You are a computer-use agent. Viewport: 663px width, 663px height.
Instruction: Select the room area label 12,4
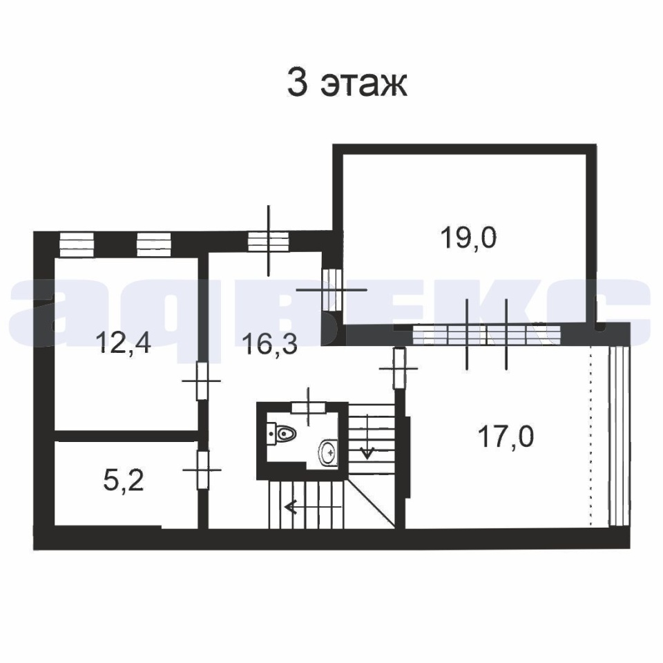click(x=124, y=342)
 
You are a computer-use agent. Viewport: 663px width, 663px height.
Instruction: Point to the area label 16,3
click(x=270, y=343)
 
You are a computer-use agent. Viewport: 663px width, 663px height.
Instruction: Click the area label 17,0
click(x=506, y=436)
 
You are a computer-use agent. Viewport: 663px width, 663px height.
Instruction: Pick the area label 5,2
click(x=124, y=481)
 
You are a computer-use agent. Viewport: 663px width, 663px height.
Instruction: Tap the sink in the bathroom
click(x=328, y=453)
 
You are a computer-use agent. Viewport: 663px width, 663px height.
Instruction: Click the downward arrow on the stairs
click(x=367, y=436)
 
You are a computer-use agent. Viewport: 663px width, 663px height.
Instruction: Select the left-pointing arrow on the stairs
click(x=312, y=506)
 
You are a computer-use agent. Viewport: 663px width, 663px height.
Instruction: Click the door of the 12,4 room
click(x=202, y=381)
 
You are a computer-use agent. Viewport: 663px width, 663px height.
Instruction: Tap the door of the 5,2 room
click(x=203, y=470)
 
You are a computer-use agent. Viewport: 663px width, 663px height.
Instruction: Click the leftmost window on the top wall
click(x=77, y=244)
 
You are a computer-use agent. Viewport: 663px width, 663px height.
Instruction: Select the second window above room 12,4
click(x=154, y=244)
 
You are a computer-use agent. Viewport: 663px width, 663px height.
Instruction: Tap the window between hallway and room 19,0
click(x=332, y=290)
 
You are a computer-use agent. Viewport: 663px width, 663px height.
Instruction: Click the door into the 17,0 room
click(x=398, y=368)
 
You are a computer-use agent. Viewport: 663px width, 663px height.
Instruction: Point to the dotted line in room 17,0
click(x=590, y=436)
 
